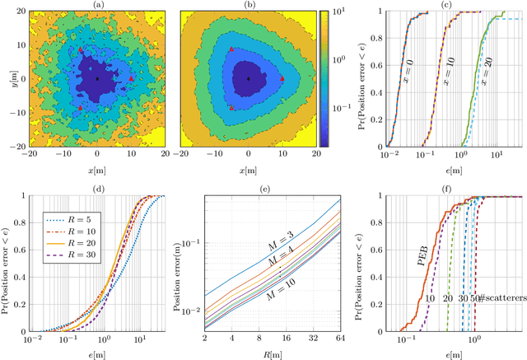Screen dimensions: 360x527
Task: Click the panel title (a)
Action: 98,5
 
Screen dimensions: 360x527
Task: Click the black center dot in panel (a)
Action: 97,78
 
